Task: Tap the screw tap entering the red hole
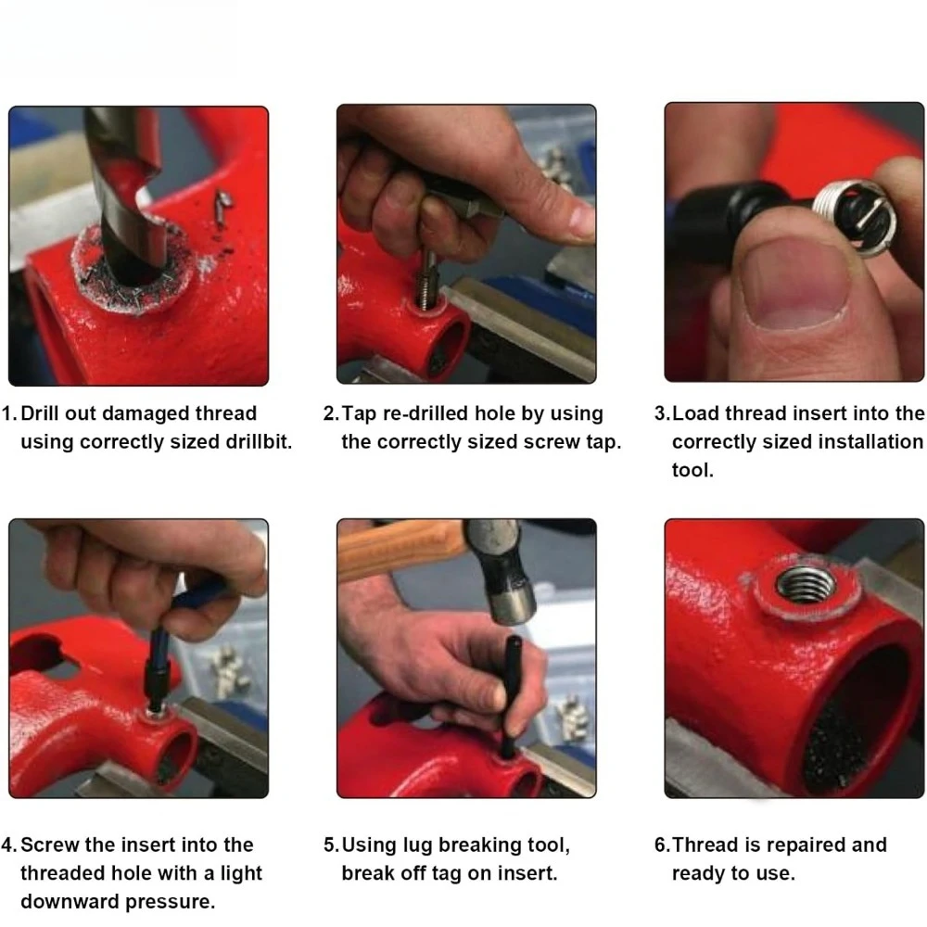[426, 278]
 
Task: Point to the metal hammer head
[505, 570]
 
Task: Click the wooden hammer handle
[402, 548]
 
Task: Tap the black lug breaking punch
[510, 698]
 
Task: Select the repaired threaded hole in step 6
[806, 585]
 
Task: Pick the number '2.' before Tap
[331, 413]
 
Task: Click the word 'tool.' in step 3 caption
[692, 470]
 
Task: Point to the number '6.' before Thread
[662, 844]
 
